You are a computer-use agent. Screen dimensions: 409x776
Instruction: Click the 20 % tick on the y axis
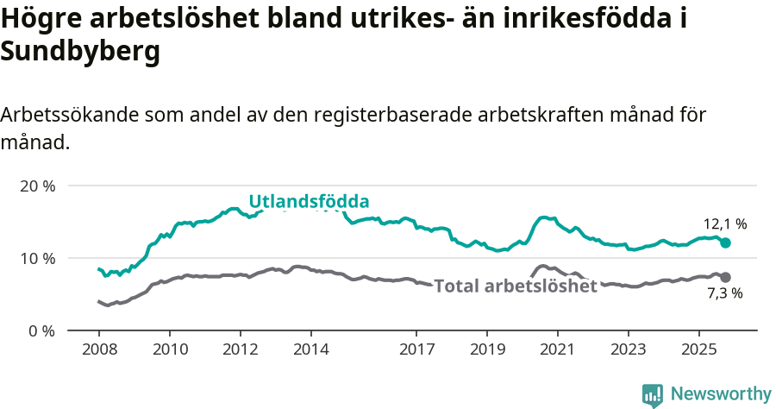(37, 186)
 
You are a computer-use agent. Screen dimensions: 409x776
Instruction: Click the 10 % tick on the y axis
(37, 258)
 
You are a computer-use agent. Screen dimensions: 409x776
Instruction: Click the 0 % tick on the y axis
(41, 330)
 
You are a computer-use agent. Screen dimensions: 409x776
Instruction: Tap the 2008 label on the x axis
(99, 349)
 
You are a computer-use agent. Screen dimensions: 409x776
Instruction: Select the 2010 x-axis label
(170, 349)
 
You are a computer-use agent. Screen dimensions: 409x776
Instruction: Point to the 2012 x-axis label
(241, 349)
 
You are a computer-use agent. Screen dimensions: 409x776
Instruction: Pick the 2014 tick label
(311, 349)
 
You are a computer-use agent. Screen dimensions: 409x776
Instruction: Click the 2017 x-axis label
(416, 349)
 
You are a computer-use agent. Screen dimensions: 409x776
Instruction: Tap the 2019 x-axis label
(487, 349)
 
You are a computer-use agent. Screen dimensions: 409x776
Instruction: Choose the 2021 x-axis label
(558, 349)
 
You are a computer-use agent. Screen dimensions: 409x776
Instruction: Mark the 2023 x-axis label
(628, 349)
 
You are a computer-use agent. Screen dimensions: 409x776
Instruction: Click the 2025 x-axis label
(698, 349)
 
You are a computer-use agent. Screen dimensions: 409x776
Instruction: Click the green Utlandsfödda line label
(309, 202)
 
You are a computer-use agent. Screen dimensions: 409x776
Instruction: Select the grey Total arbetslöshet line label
(516, 286)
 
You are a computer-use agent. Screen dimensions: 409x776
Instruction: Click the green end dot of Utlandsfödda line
(725, 243)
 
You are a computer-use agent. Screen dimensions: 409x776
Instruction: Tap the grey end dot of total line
(725, 277)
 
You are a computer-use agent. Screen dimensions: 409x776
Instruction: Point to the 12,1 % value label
(724, 224)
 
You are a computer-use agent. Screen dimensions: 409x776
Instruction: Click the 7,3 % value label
(724, 294)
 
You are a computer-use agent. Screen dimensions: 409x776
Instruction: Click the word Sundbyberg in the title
(81, 52)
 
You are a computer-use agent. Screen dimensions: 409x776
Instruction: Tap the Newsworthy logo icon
(653, 394)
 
